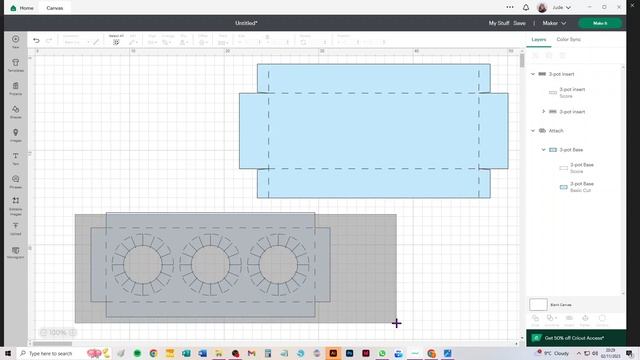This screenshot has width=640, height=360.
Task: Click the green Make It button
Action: point(600,22)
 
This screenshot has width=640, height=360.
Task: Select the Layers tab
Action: point(539,39)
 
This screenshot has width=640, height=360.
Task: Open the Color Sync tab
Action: point(569,39)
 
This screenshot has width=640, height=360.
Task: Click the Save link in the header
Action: point(519,22)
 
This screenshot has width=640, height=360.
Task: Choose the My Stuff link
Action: point(499,22)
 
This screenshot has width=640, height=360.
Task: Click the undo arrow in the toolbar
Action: point(36,41)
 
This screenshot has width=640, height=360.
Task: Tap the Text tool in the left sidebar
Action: point(16,157)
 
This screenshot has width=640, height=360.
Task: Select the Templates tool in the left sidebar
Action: point(16,65)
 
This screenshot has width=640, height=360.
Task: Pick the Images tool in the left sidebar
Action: point(16,134)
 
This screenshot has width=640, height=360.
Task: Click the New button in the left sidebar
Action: point(16,41)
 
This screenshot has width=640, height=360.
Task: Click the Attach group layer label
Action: point(556,131)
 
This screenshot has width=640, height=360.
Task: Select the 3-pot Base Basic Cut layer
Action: point(581,186)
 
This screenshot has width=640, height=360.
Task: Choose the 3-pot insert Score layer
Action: point(572,92)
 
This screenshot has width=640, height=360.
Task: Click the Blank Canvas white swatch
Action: point(539,304)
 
